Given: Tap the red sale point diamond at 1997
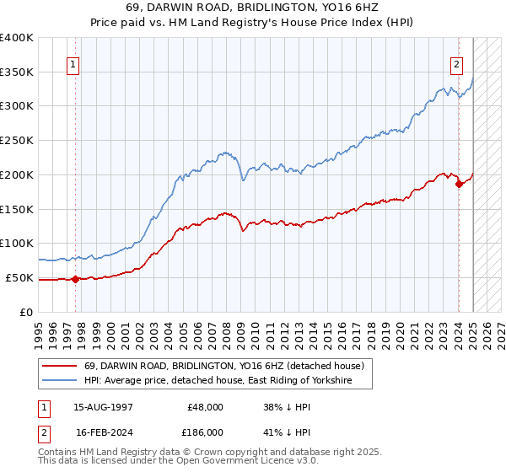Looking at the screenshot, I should coord(75,279).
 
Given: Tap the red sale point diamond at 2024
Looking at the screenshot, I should coord(458,184).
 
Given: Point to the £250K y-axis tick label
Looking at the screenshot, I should coord(17,140).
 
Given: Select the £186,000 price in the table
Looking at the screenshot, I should coord(206,431).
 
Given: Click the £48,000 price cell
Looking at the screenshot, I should coord(206,406).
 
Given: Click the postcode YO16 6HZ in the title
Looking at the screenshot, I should coord(343,10).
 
